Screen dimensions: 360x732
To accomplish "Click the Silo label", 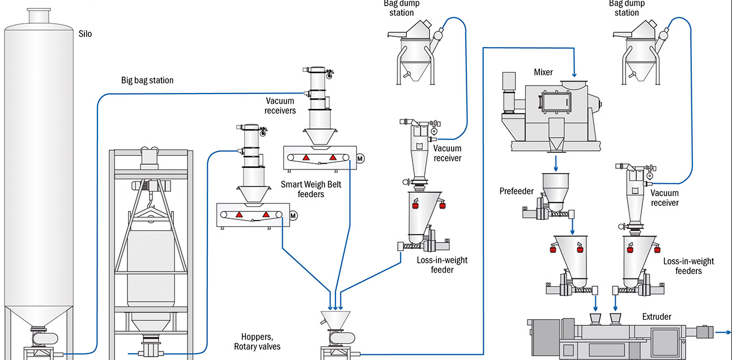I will tap(85, 34).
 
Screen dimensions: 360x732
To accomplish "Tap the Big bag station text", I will tap(147, 81).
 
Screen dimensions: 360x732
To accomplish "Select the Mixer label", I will tap(543, 72).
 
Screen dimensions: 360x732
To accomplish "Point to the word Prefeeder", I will tap(516, 191).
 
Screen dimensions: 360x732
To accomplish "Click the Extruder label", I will tap(657, 316).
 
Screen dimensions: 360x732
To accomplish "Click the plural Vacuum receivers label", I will tap(280, 105).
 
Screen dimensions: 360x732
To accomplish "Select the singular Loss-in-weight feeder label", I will tap(434, 265).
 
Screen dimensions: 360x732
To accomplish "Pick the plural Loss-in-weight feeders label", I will tap(688, 266).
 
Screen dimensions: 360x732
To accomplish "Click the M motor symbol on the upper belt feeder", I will tap(360, 158).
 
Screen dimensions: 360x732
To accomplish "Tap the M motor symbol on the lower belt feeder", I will tap(293, 215).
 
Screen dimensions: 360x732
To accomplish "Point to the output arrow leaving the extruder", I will tap(722, 333).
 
